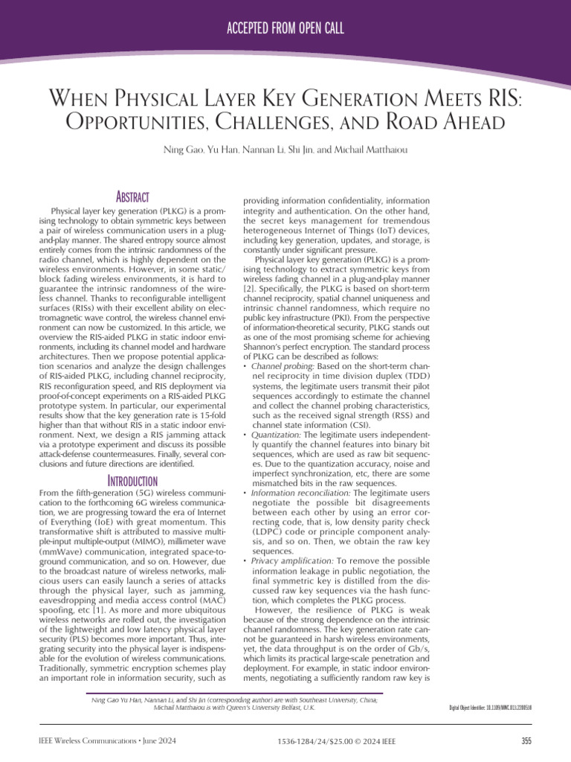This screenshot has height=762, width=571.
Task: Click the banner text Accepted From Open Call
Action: [285, 29]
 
